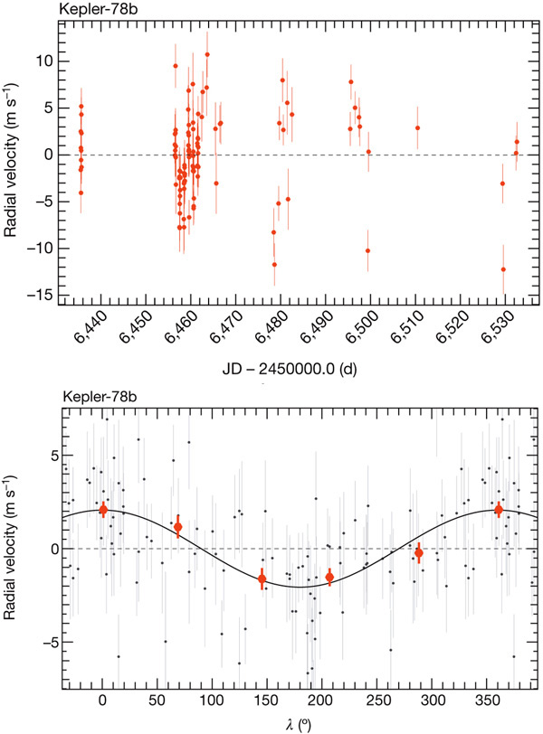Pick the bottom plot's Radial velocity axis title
12,549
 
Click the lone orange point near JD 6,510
417,127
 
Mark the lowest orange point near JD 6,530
503,269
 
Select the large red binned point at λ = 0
103,510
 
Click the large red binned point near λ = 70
178,527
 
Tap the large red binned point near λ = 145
262,579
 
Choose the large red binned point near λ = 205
329,577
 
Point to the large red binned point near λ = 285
419,552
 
